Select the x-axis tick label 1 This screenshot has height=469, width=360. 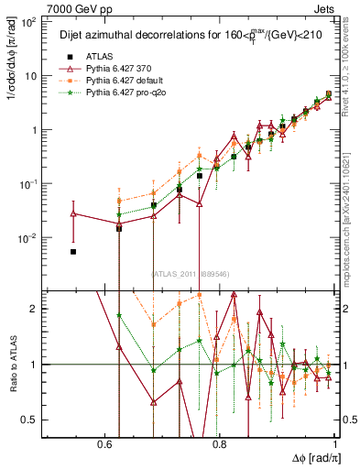point(336,445)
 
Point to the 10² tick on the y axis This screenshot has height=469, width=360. point(29,22)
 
